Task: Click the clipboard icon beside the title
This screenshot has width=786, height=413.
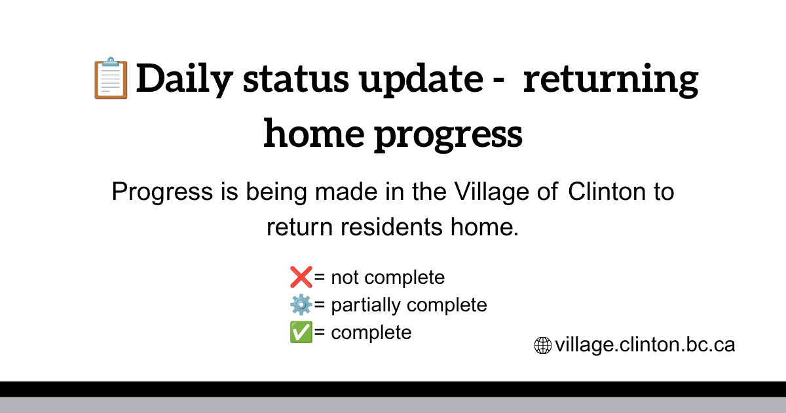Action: [x=111, y=77]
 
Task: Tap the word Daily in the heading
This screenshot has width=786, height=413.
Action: [x=185, y=79]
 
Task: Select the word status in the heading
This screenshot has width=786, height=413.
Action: [x=296, y=79]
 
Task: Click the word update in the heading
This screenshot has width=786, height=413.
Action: [x=421, y=80]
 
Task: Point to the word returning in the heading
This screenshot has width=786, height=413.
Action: [x=610, y=81]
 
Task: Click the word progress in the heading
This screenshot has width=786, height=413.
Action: [x=448, y=136]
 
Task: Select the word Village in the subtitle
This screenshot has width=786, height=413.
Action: [x=492, y=193]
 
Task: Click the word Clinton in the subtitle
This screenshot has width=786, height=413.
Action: [x=607, y=191]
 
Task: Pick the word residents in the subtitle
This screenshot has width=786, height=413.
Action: [x=391, y=227]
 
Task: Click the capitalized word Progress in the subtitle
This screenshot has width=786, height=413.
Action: [x=162, y=193]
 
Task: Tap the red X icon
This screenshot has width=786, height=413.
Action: [x=301, y=277]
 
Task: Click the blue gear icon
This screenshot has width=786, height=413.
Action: [x=301, y=305]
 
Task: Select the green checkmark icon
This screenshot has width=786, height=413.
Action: [x=301, y=332]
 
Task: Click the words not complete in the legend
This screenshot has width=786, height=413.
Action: [x=388, y=278]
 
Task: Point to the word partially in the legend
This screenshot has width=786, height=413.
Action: [x=365, y=305]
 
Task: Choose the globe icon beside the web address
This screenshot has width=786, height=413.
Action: [x=543, y=345]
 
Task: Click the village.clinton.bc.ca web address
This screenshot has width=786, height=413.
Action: [x=645, y=345]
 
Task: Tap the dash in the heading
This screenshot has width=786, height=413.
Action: [x=498, y=82]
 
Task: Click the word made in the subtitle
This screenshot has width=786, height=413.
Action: [x=346, y=191]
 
